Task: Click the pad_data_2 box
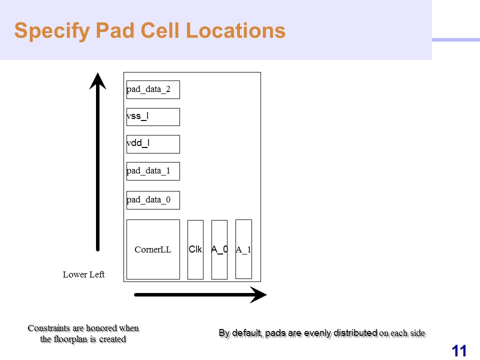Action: (x=153, y=89)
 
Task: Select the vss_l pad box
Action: (x=153, y=117)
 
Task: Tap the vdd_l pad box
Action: (x=153, y=144)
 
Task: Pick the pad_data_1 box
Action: (x=153, y=171)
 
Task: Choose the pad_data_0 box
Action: (x=153, y=200)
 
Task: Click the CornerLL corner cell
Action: (x=153, y=249)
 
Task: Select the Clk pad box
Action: (x=195, y=249)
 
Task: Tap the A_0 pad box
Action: (x=219, y=249)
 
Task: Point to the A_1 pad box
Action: (x=243, y=249)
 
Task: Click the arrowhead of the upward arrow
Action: (x=97, y=81)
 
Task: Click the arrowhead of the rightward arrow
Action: (x=258, y=295)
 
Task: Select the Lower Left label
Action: (x=83, y=274)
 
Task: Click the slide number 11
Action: (x=459, y=351)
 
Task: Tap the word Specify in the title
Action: (x=52, y=31)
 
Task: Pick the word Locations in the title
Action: (x=235, y=30)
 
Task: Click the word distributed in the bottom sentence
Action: (x=355, y=333)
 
